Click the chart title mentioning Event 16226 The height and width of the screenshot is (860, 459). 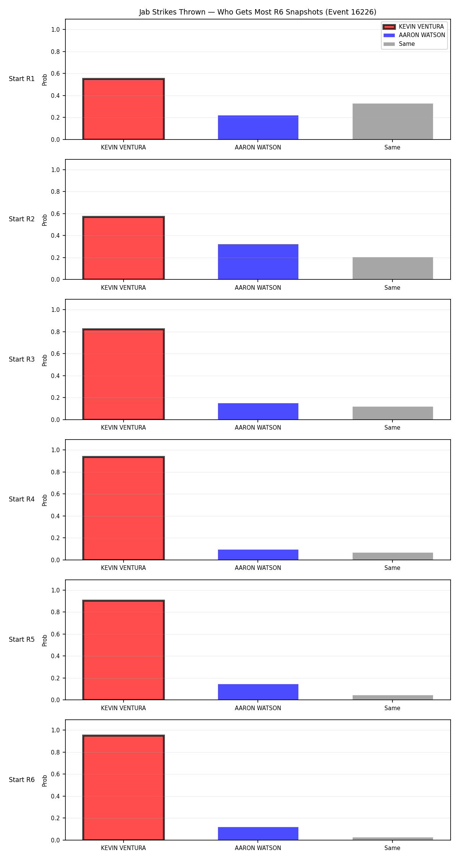tap(257, 12)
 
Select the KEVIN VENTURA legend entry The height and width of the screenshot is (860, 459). tap(414, 27)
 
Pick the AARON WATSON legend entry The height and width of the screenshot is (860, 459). tap(414, 35)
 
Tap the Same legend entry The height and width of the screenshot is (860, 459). tap(399, 44)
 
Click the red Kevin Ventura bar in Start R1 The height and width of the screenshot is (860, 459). tap(124, 109)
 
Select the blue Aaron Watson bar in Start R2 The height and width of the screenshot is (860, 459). tap(258, 262)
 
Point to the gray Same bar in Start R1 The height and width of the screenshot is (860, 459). tap(393, 122)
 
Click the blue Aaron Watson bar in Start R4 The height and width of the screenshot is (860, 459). tap(258, 555)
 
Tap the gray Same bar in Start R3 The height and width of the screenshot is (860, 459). tap(393, 413)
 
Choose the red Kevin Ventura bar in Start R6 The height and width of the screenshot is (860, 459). tap(124, 788)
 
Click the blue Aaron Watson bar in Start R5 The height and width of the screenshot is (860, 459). tap(258, 692)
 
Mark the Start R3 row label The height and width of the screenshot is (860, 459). tap(22, 359)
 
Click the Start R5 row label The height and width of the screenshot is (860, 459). tap(22, 639)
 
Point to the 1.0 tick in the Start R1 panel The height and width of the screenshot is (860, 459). tap(55, 29)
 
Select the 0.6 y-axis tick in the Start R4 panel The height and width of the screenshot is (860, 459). tap(55, 494)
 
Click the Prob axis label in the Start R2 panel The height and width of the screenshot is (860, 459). tap(45, 220)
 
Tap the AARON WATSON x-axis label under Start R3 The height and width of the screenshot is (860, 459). tap(258, 428)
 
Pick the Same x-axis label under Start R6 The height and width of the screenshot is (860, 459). tap(392, 848)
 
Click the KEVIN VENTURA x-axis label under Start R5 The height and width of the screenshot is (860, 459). tap(124, 708)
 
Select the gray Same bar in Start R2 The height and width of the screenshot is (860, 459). tap(393, 268)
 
